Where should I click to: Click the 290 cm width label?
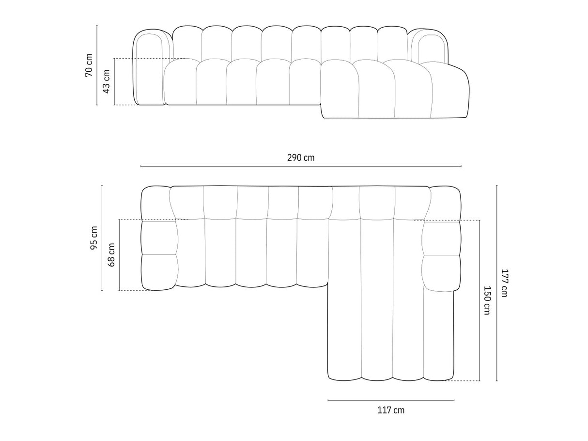(301, 158)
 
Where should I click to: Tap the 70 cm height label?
(89, 65)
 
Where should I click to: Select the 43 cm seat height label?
(107, 81)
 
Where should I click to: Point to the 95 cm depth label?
(94, 238)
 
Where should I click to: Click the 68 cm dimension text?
(111, 255)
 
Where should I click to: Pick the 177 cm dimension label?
(504, 283)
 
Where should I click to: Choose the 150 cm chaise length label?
(486, 300)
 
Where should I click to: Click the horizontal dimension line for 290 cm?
(301, 166)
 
